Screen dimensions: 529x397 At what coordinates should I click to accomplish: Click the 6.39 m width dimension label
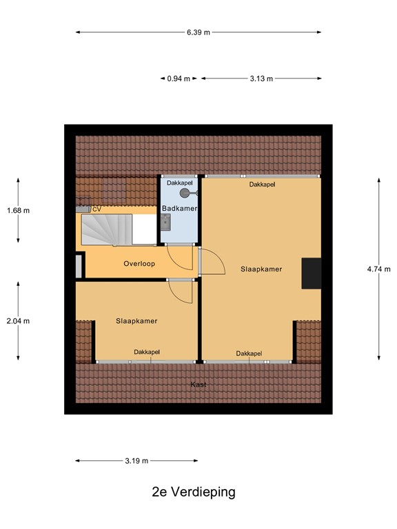198,32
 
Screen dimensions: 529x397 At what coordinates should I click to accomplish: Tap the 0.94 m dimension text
178,79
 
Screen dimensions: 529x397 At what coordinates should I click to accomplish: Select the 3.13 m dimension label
261,79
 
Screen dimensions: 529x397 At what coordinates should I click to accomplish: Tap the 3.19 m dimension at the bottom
136,461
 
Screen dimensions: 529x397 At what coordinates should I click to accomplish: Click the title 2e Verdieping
194,492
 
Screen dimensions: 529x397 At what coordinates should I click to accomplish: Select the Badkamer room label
179,208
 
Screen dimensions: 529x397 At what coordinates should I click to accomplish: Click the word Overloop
139,264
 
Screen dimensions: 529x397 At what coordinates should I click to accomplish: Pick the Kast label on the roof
198,384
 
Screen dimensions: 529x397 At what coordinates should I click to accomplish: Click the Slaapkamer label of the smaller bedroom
136,321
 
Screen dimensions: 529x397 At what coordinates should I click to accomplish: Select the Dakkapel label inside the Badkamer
179,183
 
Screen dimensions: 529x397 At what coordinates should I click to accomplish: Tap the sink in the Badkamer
165,221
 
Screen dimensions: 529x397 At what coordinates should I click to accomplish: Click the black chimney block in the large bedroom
312,273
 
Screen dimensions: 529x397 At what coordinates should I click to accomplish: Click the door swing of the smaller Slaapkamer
181,293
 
